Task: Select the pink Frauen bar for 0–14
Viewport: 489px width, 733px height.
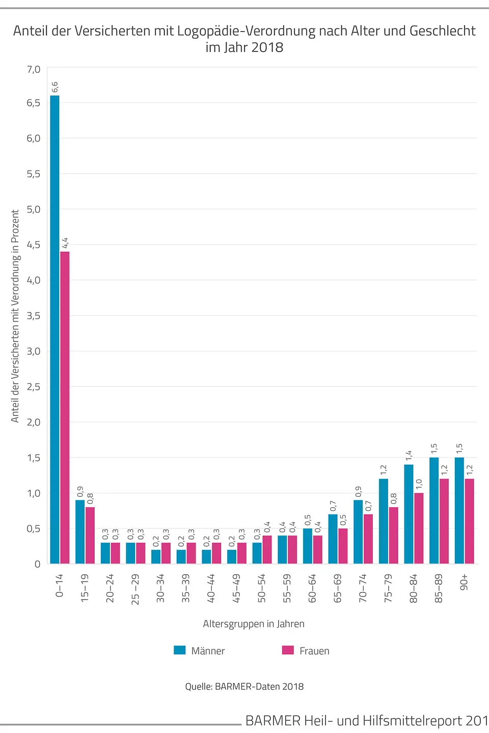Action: [x=65, y=407]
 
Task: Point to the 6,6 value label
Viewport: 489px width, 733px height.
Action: [x=55, y=87]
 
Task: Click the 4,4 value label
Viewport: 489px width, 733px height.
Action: [x=65, y=243]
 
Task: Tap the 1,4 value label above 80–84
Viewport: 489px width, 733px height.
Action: [x=409, y=456]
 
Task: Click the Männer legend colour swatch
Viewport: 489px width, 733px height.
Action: [x=180, y=650]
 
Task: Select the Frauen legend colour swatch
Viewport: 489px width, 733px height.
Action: [x=288, y=650]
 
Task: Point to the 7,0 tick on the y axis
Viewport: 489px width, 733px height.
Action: [x=34, y=69]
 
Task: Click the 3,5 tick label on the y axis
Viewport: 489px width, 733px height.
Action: [x=34, y=316]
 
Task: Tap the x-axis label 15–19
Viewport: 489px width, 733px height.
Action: [x=85, y=588]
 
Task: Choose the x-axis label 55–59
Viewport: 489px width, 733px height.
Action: [x=287, y=588]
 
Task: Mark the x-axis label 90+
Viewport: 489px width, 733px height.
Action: [x=464, y=583]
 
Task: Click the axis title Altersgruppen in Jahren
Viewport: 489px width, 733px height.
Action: [x=254, y=624]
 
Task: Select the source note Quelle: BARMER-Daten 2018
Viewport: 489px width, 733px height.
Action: [x=244, y=686]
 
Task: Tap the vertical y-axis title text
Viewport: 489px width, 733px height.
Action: [x=15, y=316]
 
